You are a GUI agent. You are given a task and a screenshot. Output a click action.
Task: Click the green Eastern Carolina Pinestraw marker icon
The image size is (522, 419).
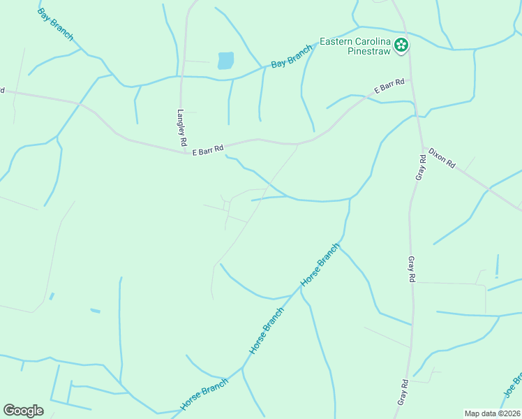tap(401, 46)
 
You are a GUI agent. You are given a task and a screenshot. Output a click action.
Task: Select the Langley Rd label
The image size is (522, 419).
tap(181, 127)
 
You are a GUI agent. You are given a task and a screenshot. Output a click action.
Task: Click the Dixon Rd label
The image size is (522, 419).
tap(442, 158)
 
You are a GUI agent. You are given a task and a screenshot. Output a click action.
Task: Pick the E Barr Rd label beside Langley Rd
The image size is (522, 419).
tap(208, 149)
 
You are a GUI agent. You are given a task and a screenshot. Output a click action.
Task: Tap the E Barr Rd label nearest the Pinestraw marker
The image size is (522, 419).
tap(389, 87)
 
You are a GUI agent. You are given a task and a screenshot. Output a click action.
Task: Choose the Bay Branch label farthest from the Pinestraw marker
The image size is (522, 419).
tap(55, 25)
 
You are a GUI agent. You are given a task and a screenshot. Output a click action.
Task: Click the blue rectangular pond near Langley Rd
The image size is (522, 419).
tap(225, 61)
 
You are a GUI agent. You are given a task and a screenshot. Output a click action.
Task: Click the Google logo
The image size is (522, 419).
tap(23, 411)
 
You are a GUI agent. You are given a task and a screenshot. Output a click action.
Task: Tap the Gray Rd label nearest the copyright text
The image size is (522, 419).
tap(403, 392)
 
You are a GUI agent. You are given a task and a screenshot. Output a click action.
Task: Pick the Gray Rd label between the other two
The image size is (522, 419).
tap(411, 268)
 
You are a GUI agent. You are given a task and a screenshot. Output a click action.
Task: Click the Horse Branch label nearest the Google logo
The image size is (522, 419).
tap(204, 395)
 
